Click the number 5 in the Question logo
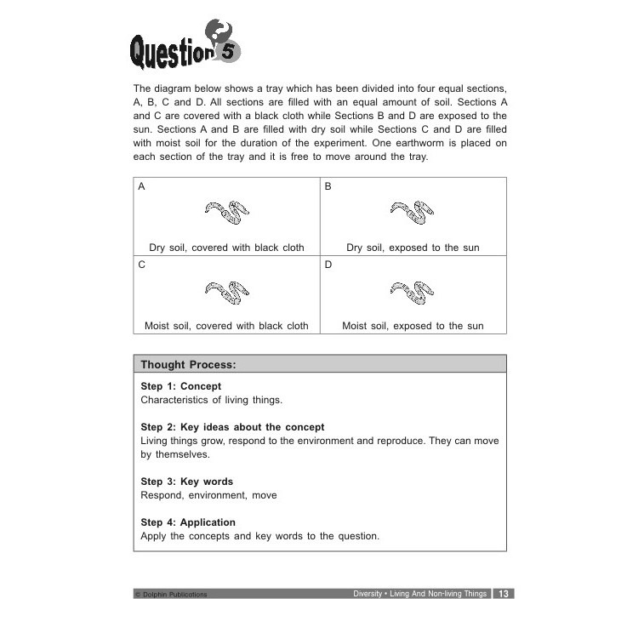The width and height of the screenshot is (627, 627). pos(227,52)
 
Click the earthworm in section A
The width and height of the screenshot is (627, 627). pos(226,213)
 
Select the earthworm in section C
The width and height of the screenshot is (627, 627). pos(226,292)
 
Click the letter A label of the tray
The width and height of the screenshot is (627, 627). pos(142,186)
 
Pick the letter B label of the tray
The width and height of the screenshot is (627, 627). pos(328,186)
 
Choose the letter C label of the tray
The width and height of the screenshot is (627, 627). pos(142,265)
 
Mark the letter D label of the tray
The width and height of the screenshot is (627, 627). pos(328,265)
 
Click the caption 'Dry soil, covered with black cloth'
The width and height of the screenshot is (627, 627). pos(226,248)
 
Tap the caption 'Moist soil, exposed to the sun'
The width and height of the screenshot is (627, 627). pos(413,326)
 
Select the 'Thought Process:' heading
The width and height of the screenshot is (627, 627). pos(188,365)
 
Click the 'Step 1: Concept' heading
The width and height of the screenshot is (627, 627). pos(180,386)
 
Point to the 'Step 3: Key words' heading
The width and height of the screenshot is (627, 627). pos(186,482)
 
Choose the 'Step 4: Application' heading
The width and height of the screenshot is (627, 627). pos(188,522)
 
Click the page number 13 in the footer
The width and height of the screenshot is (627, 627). pos(504,594)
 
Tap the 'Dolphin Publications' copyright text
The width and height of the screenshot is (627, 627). pos(171,595)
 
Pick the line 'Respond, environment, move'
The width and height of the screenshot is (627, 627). pos(208,495)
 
